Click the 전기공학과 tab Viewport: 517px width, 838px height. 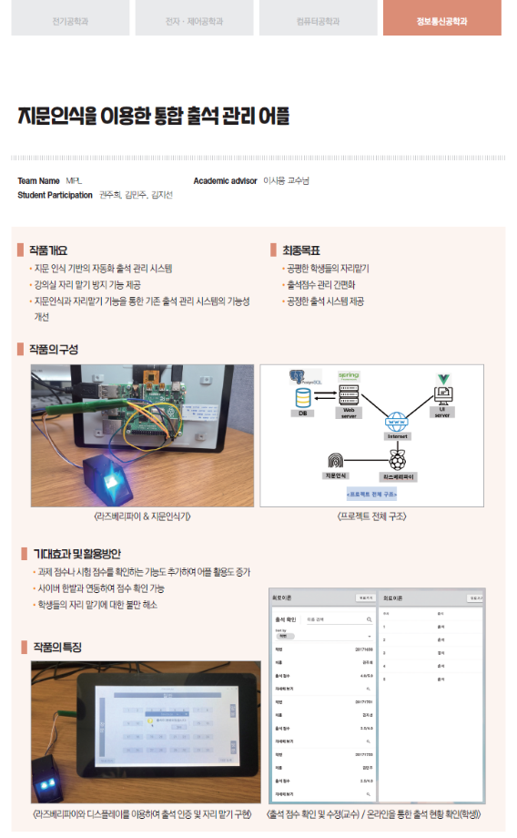pyautogui.click(x=71, y=20)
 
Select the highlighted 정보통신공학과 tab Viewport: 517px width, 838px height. pyautogui.click(x=441, y=20)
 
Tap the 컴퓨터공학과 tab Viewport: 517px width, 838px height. pyautogui.click(x=318, y=20)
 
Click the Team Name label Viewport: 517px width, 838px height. pyautogui.click(x=38, y=181)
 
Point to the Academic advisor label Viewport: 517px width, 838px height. pyautogui.click(x=225, y=181)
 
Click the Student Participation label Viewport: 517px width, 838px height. pyautogui.click(x=55, y=195)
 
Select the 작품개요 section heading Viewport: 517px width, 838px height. pyautogui.click(x=47, y=250)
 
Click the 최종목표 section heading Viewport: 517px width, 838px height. pyautogui.click(x=300, y=250)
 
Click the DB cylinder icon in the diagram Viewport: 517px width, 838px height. pyautogui.click(x=303, y=398)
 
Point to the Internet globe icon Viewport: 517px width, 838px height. pyautogui.click(x=395, y=423)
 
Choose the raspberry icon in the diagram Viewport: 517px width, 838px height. pyautogui.click(x=397, y=461)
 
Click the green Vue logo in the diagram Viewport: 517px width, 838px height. pyautogui.click(x=443, y=378)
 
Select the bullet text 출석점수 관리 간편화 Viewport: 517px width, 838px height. pyautogui.click(x=325, y=285)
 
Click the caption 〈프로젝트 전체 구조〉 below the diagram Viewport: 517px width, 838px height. pyautogui.click(x=371, y=516)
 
